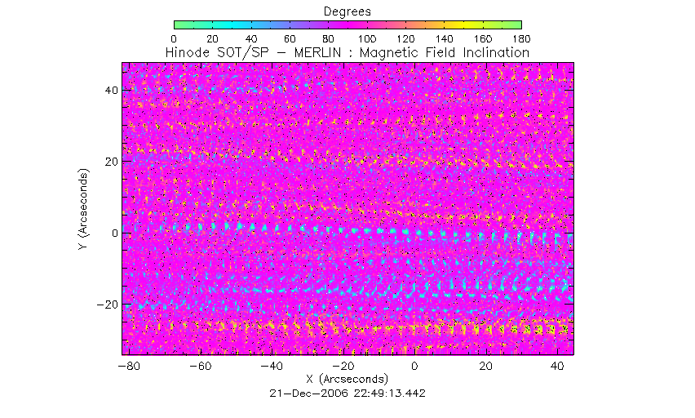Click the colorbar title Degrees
347,11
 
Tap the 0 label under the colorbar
175,38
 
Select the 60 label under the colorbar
290,38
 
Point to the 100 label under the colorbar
367,38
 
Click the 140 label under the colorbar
445,38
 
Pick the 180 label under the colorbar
521,38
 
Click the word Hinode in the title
188,52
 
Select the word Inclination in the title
494,52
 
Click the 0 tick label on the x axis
414,367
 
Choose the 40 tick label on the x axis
558,367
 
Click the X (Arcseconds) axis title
347,380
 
